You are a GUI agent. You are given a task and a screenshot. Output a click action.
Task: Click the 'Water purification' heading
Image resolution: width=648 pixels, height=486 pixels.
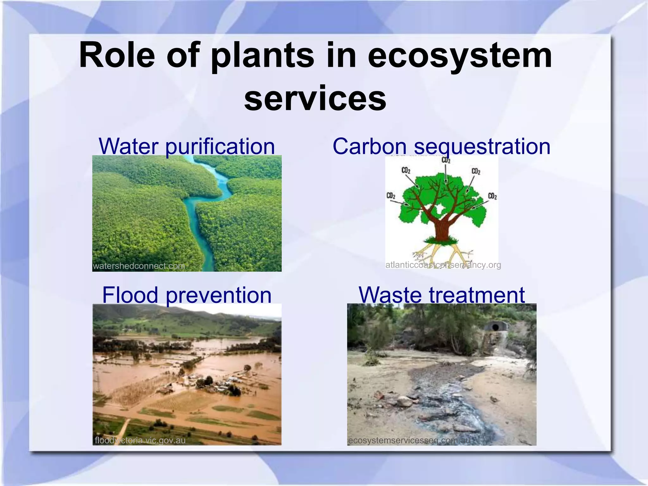pos(187,146)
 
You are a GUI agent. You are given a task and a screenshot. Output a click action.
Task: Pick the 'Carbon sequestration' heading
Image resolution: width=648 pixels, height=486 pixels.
pos(441,146)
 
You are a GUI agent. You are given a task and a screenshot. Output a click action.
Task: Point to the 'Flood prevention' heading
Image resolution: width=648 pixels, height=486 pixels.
pos(187,295)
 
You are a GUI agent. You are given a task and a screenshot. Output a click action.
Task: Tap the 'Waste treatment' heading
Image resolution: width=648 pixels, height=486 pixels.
pos(442,295)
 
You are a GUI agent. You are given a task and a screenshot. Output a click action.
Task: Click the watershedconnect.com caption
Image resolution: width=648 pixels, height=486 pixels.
pos(139,266)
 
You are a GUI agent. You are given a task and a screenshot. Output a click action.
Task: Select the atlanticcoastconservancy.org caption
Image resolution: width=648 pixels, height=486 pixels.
pos(443,265)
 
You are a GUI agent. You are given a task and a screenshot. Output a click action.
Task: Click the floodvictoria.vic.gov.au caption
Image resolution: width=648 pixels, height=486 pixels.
pos(140,440)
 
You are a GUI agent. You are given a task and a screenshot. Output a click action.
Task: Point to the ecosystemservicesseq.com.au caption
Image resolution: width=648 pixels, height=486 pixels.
pos(410,440)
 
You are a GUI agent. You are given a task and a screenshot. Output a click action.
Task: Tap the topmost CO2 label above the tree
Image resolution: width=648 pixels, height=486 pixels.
pos(446,160)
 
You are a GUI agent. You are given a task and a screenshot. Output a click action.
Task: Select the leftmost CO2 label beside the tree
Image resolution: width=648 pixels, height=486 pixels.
pos(391,196)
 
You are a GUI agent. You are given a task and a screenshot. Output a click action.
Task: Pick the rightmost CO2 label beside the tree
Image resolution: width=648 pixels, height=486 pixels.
pos(492,196)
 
